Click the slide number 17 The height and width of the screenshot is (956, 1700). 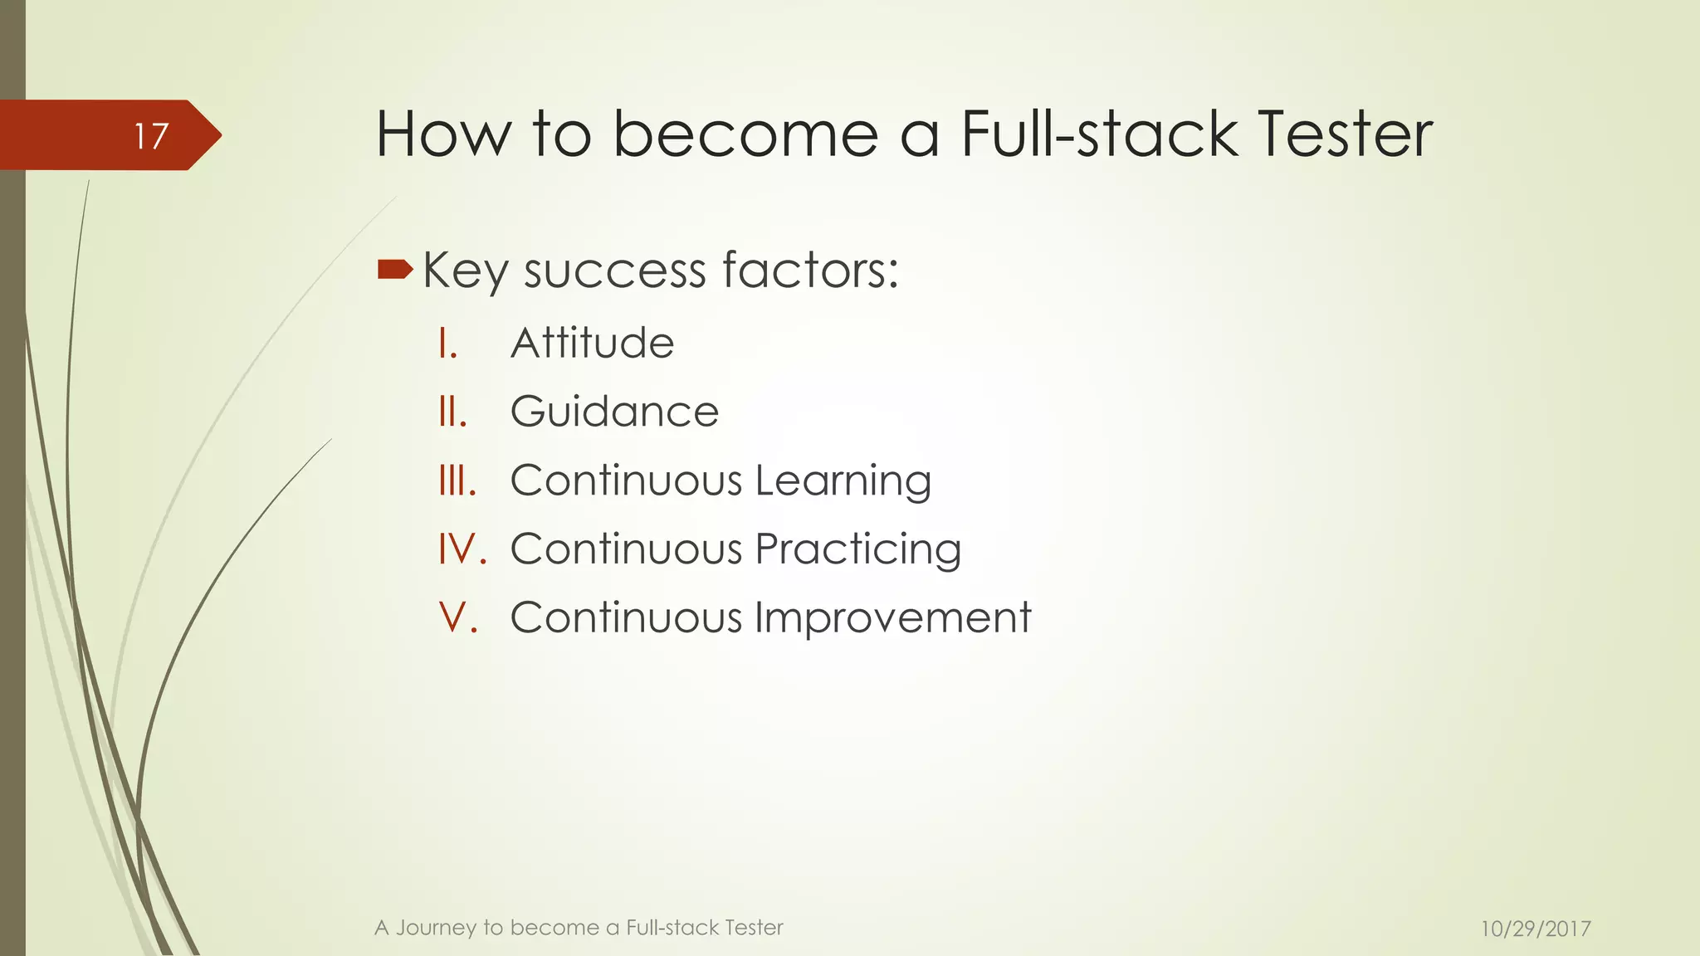151,136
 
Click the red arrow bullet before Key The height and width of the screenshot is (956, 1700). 395,269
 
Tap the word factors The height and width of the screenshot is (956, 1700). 810,271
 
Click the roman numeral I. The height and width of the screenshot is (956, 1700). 447,343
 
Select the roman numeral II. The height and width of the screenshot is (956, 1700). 452,412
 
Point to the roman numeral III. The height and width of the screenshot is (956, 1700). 457,480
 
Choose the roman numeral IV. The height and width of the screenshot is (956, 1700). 462,549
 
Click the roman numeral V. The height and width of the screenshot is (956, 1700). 458,618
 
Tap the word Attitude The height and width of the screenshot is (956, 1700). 592,343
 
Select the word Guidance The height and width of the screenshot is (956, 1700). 614,412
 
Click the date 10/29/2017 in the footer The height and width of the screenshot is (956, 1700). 1536,929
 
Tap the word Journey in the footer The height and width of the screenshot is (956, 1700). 435,928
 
